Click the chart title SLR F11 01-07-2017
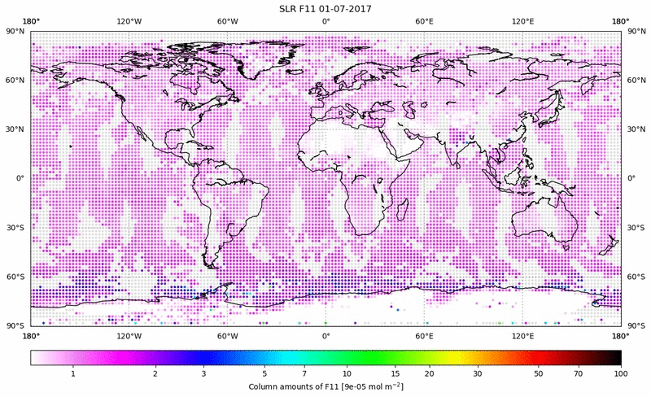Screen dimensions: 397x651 pos(325,8)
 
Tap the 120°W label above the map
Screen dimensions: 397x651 pos(129,22)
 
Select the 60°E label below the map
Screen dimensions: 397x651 pos(424,334)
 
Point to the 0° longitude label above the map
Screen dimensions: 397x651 pos(325,22)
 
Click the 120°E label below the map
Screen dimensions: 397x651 pos(522,334)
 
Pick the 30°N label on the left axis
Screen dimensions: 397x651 pos(16,129)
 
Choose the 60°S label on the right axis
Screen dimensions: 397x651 pos(636,277)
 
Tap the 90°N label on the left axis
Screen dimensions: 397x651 pos(16,31)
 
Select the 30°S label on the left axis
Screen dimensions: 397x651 pos(16,228)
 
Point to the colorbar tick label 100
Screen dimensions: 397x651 pos(621,374)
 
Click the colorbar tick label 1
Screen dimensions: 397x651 pos(73,374)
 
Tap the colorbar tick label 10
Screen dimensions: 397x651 pos(347,374)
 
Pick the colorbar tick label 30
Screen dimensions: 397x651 pos(478,374)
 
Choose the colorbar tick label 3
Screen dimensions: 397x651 pos(203,374)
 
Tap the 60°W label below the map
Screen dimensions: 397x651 pos(227,334)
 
